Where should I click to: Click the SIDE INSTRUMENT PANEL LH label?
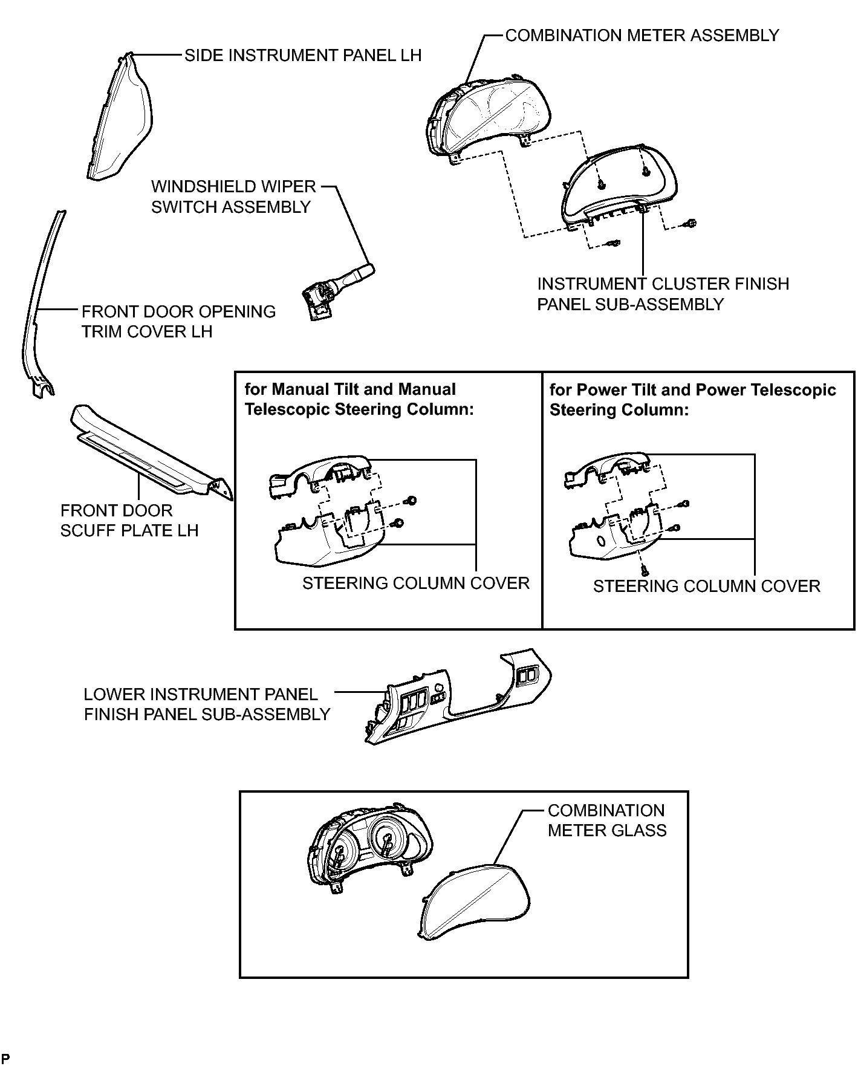click(303, 56)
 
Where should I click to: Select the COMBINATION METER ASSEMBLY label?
click(642, 36)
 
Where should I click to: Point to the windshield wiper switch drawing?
click(337, 291)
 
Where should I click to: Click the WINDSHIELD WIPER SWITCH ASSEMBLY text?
click(234, 197)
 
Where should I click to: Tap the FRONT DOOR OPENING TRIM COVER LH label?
click(178, 322)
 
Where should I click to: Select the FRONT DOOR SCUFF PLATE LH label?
click(129, 521)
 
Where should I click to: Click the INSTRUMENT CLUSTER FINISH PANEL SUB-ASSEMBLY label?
click(663, 294)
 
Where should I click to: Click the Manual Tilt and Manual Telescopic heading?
click(359, 400)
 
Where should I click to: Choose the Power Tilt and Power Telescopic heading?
click(693, 400)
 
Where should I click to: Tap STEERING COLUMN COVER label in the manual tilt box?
click(416, 583)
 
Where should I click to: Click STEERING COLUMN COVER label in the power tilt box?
click(707, 587)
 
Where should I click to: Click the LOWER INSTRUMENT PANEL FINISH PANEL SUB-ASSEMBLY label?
click(207, 704)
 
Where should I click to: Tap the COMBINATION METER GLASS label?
click(607, 821)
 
